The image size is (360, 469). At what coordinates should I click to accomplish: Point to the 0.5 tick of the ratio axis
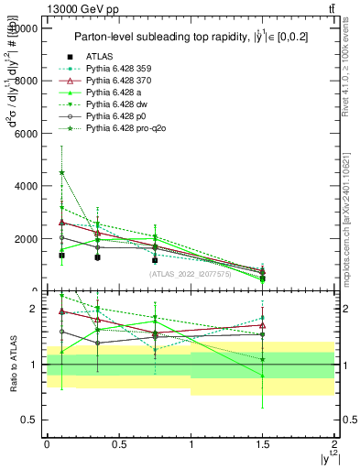pos(33,420)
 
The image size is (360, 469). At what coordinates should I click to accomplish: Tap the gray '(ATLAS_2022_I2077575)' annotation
pos(191,273)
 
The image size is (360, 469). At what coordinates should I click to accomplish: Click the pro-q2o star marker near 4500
pos(61,172)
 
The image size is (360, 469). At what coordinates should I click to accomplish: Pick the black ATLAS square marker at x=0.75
pos(155,260)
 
